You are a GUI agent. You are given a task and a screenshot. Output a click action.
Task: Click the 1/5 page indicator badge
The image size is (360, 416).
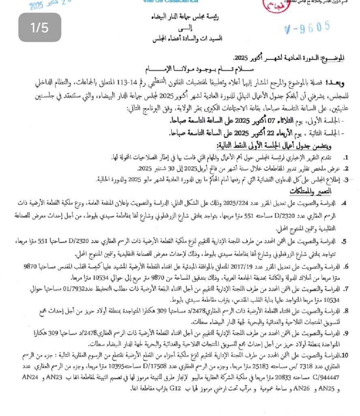click(x=39, y=28)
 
